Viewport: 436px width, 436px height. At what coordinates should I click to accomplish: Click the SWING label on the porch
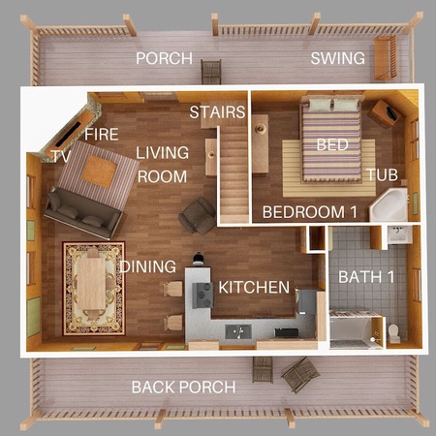pos(338,58)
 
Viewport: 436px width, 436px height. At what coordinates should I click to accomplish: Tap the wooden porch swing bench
pos(386,57)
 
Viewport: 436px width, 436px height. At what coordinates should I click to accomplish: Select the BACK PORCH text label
pos(183,388)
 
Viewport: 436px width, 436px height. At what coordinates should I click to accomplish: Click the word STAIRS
pos(217,112)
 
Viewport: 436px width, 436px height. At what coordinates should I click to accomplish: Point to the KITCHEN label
pos(254,288)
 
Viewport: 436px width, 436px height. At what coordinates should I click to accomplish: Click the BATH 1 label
pos(366,277)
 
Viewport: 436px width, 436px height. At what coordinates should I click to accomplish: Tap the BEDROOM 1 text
pos(310,212)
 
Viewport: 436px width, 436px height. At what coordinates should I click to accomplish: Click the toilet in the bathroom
pos(394,332)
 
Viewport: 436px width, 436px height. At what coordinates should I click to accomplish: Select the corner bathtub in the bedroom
pos(389,204)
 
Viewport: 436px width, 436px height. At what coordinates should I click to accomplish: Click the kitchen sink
pos(238,331)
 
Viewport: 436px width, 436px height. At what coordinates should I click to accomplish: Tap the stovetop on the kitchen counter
pos(202,295)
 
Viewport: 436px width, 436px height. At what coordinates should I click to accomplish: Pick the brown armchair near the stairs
pos(198,216)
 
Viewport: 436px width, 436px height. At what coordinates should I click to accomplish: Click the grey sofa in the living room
pos(83,213)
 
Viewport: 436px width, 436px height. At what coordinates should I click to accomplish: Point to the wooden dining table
pos(91,283)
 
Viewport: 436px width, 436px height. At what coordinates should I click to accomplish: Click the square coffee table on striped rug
pos(99,171)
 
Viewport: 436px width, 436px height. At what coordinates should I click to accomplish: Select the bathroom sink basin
pos(399,234)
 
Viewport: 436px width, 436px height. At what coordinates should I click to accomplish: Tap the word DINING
pos(148,266)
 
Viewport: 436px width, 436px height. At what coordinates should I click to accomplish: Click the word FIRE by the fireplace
pos(102,135)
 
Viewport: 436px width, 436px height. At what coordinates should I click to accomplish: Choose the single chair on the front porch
pos(211,72)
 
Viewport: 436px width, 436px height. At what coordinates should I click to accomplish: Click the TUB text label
pos(383,175)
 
